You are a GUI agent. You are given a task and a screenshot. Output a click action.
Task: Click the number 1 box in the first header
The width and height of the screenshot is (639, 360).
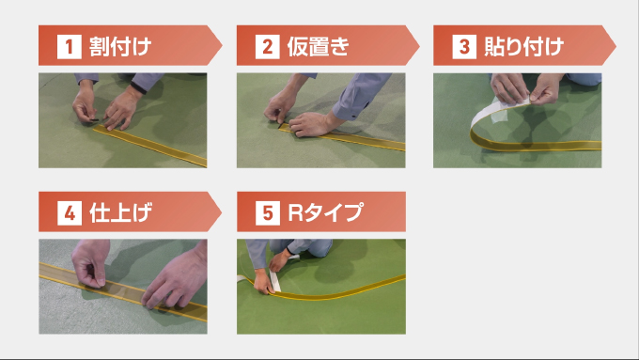(70, 47)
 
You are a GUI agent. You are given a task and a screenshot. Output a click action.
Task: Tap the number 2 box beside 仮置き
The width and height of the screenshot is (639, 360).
(267, 47)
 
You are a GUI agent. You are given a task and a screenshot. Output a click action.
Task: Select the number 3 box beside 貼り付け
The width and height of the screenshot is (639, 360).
(464, 47)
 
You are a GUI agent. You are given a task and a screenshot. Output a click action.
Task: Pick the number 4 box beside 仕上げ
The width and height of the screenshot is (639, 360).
(70, 212)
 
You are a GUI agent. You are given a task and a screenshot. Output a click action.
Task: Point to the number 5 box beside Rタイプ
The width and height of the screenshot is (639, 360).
(268, 212)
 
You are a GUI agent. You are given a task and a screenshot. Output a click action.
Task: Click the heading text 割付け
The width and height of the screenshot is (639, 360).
(120, 47)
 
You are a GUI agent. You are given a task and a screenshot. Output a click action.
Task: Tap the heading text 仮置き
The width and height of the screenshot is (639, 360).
(319, 47)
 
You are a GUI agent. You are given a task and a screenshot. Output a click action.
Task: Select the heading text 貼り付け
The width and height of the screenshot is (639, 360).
(524, 47)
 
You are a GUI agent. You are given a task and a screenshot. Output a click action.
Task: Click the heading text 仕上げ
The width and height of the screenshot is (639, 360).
(120, 212)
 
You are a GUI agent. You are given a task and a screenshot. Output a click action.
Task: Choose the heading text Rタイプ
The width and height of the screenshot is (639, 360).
(325, 212)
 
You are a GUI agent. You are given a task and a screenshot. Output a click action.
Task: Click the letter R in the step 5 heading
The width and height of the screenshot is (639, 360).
(295, 212)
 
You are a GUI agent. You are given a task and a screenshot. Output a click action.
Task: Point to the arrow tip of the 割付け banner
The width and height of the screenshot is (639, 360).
(222, 45)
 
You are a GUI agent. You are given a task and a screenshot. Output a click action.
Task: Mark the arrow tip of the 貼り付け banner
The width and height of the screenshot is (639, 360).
(616, 45)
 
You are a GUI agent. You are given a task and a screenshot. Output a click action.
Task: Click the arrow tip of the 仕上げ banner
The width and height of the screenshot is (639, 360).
(222, 211)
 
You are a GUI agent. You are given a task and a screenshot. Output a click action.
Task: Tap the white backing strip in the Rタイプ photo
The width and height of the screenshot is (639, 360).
(274, 280)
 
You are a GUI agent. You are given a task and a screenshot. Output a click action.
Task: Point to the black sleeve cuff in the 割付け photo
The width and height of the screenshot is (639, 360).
(138, 87)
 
